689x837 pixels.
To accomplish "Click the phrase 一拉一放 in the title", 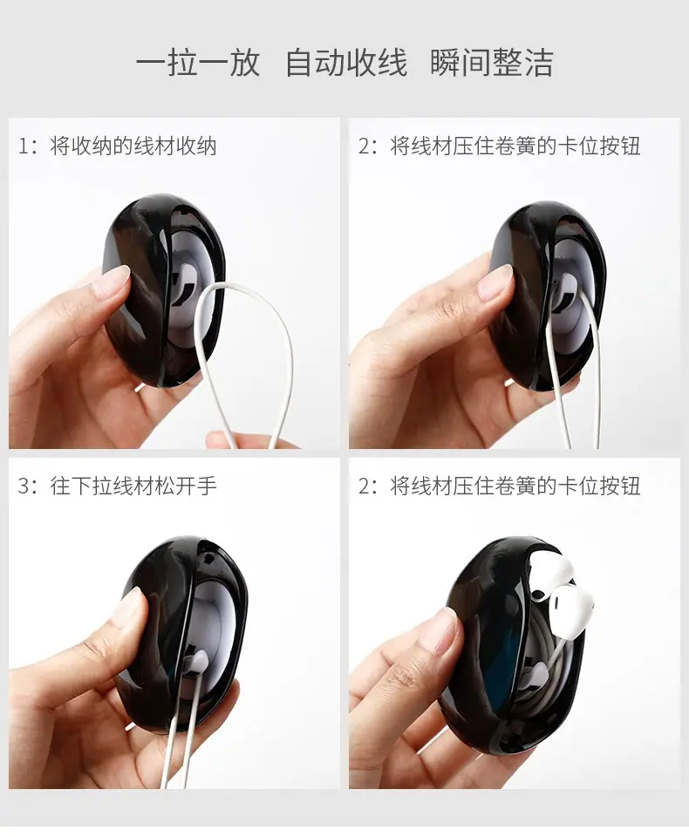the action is point(198,63).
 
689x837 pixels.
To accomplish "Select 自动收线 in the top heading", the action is point(346,63).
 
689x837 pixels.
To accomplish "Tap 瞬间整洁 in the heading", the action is point(491,63).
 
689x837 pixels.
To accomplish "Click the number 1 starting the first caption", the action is point(23,146).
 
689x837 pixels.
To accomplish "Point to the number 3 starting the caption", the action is point(24,486).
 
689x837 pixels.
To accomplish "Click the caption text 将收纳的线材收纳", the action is point(133,146).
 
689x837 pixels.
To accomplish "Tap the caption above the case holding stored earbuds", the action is point(500,486).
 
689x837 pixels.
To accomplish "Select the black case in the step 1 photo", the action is point(163,291).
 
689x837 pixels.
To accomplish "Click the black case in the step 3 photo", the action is point(181,636).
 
